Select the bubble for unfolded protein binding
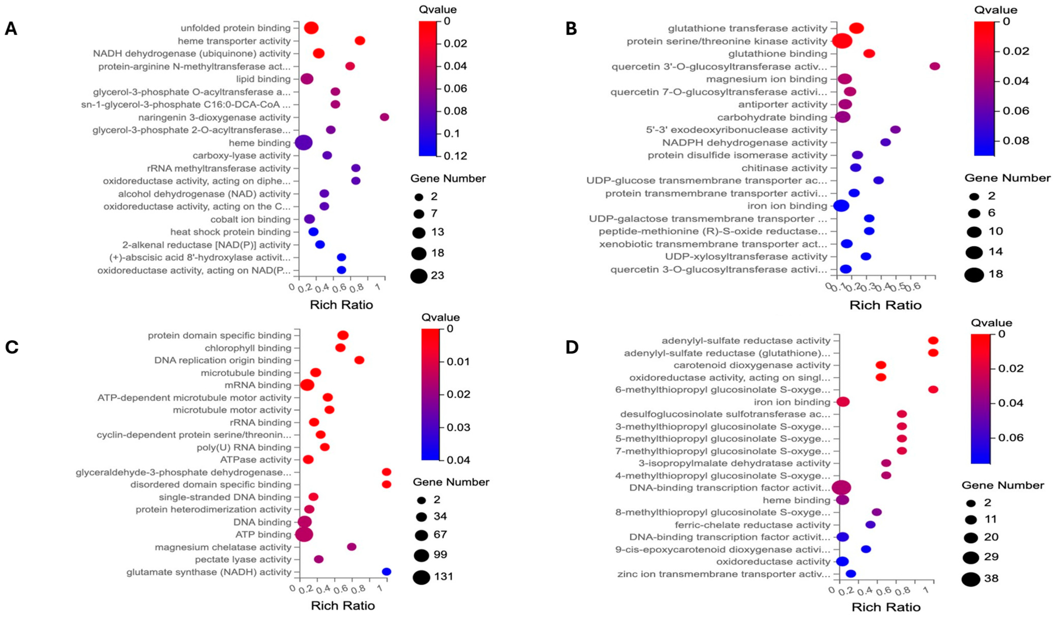(311, 28)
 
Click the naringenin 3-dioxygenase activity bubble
(385, 117)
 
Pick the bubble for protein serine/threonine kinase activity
(842, 41)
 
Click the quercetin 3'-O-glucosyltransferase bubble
(935, 66)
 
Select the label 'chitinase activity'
(784, 168)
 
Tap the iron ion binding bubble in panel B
(841, 206)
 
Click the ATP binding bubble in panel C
(304, 534)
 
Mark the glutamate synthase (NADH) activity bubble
(387, 572)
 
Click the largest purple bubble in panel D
(841, 487)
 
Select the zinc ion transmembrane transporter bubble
(851, 574)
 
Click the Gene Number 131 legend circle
(422, 577)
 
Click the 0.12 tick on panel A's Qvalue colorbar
(456, 156)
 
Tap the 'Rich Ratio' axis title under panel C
(343, 605)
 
